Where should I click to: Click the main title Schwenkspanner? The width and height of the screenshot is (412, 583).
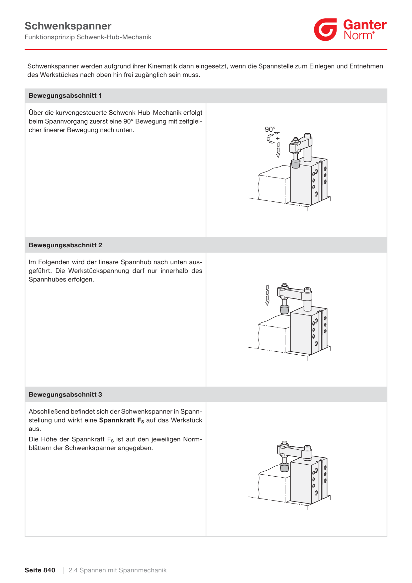pyautogui.click(x=68, y=26)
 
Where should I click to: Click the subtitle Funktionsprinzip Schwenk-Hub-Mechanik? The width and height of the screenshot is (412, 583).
pyautogui.click(x=88, y=37)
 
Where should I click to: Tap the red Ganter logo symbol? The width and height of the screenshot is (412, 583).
pyautogui.click(x=326, y=30)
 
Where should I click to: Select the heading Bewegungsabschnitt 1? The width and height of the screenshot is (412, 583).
pyautogui.click(x=65, y=96)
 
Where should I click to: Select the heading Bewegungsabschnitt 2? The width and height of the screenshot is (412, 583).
pyautogui.click(x=65, y=245)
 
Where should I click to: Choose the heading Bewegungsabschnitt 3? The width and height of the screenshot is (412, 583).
pyautogui.click(x=65, y=395)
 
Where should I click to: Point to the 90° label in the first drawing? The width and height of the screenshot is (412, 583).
pyautogui.click(x=270, y=129)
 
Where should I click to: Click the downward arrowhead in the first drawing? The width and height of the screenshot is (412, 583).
pyautogui.click(x=278, y=155)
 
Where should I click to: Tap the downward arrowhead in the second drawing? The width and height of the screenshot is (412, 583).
pyautogui.click(x=267, y=303)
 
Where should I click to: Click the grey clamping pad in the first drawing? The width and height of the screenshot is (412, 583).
pyautogui.click(x=295, y=164)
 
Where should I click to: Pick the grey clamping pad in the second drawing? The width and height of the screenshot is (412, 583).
pyautogui.click(x=284, y=310)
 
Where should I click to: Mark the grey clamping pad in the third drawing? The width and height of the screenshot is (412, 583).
pyautogui.click(x=284, y=467)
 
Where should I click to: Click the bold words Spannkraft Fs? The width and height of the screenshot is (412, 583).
pyautogui.click(x=122, y=420)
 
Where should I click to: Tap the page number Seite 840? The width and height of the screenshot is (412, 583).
pyautogui.click(x=40, y=570)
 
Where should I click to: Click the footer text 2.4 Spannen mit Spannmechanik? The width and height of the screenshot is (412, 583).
pyautogui.click(x=118, y=570)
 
